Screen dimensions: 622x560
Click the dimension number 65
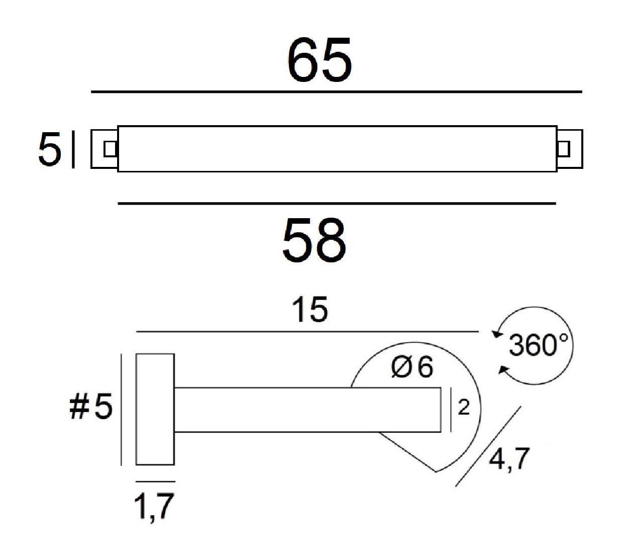point(320,60)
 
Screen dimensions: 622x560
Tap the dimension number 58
point(314,239)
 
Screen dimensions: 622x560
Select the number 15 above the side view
point(309,309)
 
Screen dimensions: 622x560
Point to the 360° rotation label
point(539,345)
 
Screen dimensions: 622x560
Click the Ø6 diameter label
point(412,367)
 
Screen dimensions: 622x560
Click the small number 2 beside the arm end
point(464,407)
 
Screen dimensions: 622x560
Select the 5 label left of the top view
point(49,149)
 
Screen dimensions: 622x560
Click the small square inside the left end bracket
point(110,149)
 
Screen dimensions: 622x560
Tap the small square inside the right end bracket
point(563,149)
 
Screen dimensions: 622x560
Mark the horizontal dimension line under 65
point(337,92)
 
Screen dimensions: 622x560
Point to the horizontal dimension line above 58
point(337,204)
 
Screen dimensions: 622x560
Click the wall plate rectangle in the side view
point(155,409)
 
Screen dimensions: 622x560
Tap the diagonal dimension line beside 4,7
point(488,446)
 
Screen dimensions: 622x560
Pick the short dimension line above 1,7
point(155,482)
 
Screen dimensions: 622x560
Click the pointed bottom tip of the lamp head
point(436,472)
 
